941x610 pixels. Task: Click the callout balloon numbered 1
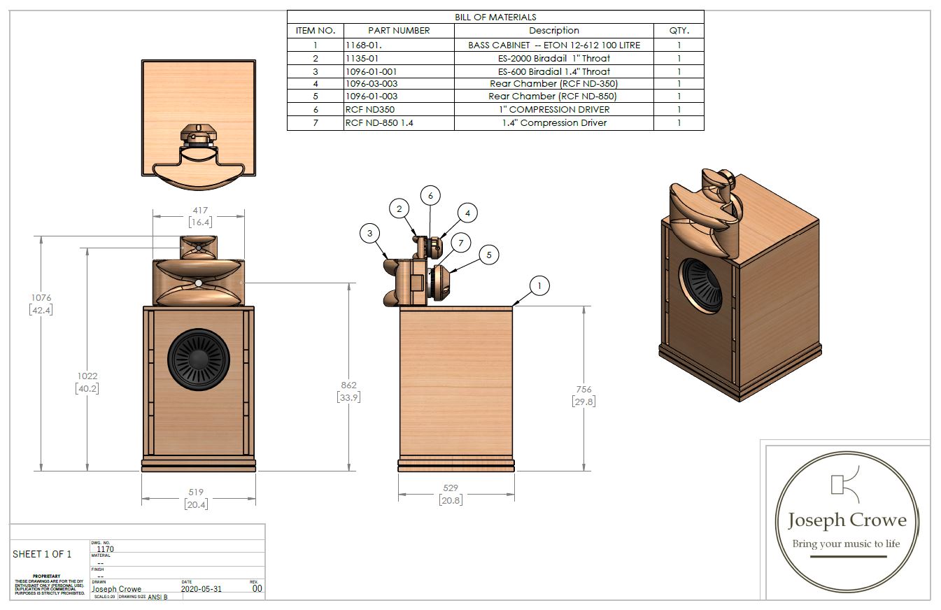(x=539, y=285)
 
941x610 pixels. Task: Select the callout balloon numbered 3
(x=370, y=234)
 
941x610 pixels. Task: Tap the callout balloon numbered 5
(x=488, y=255)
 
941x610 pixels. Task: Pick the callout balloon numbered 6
(x=430, y=196)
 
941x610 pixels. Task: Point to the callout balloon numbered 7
(x=460, y=243)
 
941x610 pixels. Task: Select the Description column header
(x=553, y=31)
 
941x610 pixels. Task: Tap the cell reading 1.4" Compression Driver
(x=553, y=123)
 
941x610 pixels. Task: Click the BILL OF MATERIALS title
(x=495, y=17)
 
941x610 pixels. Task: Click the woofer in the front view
(x=199, y=360)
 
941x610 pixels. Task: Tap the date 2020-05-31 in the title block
(x=201, y=589)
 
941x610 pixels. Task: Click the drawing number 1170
(x=105, y=549)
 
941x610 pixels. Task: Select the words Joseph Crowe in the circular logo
(x=847, y=520)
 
